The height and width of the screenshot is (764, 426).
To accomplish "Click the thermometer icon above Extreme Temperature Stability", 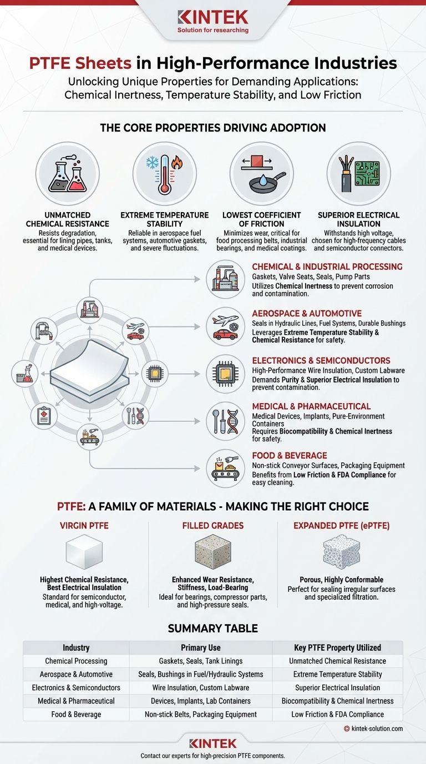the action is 165,175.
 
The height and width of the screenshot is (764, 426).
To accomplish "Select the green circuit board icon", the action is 367,173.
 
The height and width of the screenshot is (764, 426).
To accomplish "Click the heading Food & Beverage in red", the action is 290,455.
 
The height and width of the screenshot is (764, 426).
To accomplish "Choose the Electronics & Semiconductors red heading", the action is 321,360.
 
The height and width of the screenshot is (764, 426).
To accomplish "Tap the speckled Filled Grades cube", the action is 213,551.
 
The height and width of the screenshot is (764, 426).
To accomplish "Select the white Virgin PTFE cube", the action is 84,551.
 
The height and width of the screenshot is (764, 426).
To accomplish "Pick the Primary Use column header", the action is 201,647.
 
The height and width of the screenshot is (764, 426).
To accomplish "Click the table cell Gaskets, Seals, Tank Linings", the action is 201,661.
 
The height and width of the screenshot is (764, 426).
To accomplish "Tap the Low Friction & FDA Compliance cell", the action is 337,714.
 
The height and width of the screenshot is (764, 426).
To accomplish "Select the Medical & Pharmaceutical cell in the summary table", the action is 76,701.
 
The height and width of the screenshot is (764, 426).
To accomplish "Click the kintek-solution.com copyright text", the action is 373,728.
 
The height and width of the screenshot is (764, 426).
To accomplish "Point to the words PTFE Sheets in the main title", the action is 80,63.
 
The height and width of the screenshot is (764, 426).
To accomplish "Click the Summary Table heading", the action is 213,629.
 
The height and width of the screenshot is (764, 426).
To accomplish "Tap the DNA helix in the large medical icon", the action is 233,421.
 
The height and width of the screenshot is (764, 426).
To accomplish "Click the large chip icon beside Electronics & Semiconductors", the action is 225,374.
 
